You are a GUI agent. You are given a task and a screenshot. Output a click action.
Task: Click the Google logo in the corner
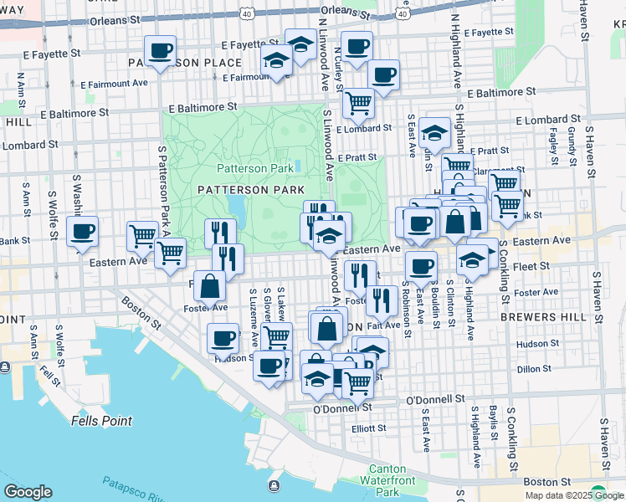28,492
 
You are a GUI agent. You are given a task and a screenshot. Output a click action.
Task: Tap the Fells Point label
101,421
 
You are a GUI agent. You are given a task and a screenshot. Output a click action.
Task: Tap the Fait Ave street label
383,325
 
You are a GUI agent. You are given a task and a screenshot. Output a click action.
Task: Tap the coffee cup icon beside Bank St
82,231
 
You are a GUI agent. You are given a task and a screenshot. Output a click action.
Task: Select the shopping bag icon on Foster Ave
209,286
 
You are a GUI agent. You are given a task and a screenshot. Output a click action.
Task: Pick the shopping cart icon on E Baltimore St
358,103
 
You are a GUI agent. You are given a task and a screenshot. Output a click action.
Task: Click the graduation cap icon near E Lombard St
434,132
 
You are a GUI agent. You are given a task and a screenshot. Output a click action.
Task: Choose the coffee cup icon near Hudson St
223,338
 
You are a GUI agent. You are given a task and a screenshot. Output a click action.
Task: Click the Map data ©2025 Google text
573,494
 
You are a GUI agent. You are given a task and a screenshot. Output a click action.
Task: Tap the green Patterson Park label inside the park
255,168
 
